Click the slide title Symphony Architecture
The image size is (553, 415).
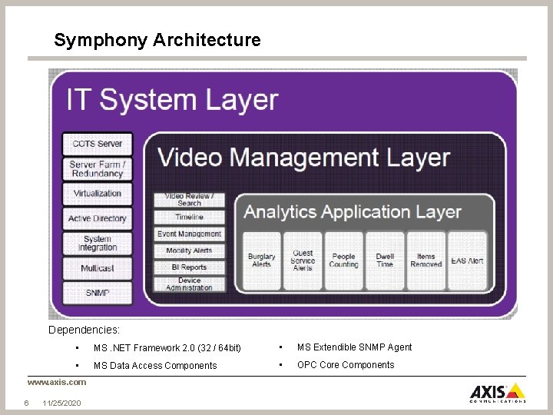coord(157,40)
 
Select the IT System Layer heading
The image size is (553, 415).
coord(172,100)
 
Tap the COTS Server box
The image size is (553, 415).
coord(98,144)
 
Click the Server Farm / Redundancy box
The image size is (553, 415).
coord(98,169)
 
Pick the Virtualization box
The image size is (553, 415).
coord(98,194)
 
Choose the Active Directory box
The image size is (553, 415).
coord(98,219)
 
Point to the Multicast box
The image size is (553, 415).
coord(98,268)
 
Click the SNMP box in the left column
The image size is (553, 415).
coord(98,293)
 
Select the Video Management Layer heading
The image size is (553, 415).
coord(303,158)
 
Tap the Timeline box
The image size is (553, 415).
coord(189,217)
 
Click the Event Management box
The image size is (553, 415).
coord(189,234)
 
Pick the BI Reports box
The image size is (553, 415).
coord(189,267)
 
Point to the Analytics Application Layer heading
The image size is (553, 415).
coord(353,212)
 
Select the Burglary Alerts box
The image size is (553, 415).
coord(261,261)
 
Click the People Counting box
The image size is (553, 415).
coord(343,261)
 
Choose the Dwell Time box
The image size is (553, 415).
coord(385,261)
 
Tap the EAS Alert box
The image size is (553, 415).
coord(467,261)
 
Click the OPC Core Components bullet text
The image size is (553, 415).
coord(346,365)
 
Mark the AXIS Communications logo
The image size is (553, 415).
coord(498,392)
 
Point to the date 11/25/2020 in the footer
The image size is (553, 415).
coord(62,403)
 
